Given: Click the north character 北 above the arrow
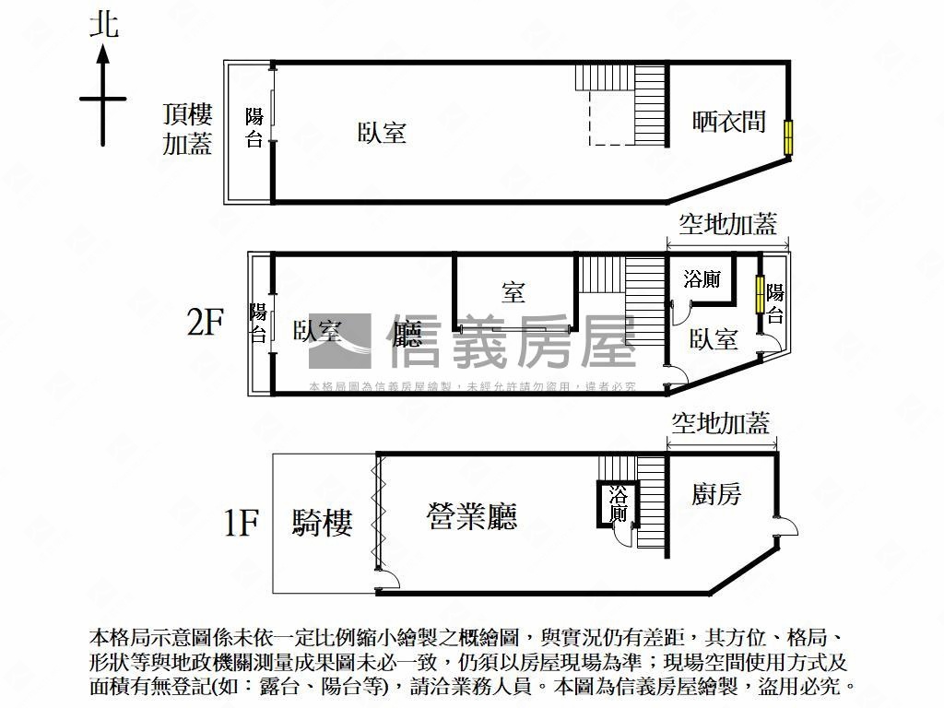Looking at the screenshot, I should coord(103,23).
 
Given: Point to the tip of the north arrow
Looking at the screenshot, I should coord(103,48).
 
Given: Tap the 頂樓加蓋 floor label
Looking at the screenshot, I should coord(188,129).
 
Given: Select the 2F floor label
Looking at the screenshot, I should coord(206,323).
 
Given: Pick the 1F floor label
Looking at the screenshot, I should coord(240,524).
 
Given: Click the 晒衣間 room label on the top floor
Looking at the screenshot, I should coord(728,121).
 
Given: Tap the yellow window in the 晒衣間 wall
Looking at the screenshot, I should coord(789,136).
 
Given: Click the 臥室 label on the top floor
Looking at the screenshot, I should coord(382,133).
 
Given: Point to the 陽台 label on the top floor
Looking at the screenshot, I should coord(254,128).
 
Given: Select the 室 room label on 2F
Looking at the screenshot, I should coord(513,293).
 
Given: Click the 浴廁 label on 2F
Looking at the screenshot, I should coord(702,280).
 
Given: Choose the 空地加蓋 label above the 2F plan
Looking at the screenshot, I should coord(727,223).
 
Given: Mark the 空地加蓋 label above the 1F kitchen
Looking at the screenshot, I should coord(719,423).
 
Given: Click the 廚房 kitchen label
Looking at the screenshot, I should coord(716,494).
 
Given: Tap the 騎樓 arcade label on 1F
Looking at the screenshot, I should coord(322,523).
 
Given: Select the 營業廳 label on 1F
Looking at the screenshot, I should coord(471,516).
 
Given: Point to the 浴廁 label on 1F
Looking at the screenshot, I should coord(618,504).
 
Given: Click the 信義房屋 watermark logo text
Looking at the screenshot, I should coord(513,341).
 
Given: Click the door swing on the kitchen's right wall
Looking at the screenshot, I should coord(786,528).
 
